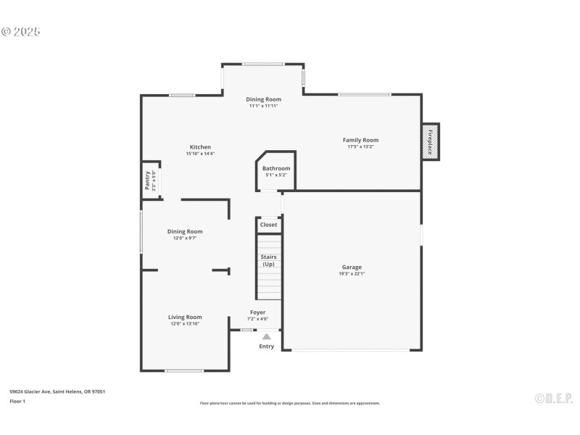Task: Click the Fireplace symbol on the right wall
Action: [430, 141]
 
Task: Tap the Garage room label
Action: [352, 267]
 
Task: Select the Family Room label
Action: [360, 140]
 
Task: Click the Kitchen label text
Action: [200, 146]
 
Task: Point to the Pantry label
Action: [148, 179]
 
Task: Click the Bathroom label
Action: [276, 168]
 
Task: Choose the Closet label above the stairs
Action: [268, 225]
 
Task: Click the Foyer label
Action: [257, 312]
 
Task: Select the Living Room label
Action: [185, 317]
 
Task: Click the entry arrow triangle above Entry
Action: [266, 336]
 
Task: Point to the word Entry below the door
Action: [267, 347]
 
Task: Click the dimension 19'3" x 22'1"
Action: [352, 274]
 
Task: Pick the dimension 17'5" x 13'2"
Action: [360, 147]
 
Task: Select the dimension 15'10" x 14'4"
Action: [200, 154]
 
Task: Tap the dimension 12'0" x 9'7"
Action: [185, 239]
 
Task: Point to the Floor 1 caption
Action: [17, 401]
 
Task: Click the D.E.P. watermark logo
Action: [553, 398]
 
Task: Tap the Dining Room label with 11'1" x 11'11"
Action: [263, 99]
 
